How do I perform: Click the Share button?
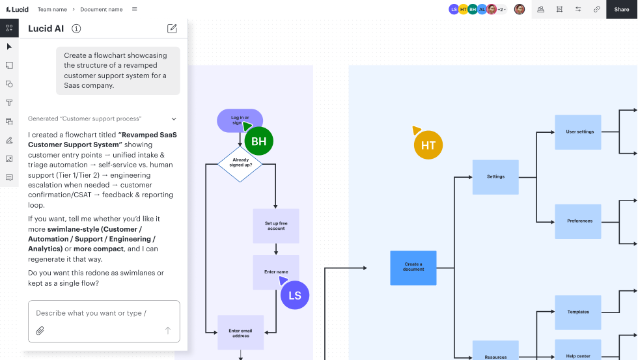[x=621, y=9]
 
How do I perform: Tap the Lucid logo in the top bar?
[x=17, y=9]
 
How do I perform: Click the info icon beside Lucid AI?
[x=76, y=29]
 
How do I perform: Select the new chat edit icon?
[x=172, y=29]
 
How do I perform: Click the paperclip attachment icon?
[x=40, y=331]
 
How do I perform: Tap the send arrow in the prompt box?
[x=168, y=330]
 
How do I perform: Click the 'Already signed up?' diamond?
[x=240, y=163]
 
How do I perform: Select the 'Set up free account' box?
[x=276, y=226]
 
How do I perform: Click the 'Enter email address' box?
[x=240, y=333]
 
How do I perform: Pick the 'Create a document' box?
[x=413, y=268]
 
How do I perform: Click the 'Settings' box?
[x=495, y=177]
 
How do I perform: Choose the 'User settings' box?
[x=578, y=132]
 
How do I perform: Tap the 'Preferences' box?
[x=578, y=221]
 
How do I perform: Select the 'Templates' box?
[x=578, y=312]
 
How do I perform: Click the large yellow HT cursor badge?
[x=428, y=145]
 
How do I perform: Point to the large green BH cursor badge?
[x=259, y=141]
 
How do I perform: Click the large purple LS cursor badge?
[x=295, y=296]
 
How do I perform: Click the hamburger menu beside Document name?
[x=135, y=9]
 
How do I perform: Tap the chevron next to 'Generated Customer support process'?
[x=174, y=118]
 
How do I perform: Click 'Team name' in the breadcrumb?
[x=53, y=9]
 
